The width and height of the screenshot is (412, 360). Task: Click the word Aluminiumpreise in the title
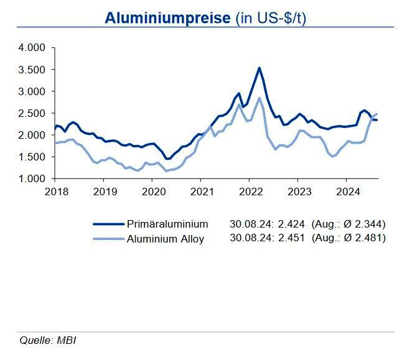tap(167, 17)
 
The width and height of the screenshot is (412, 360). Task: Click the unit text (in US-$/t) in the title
tap(271, 17)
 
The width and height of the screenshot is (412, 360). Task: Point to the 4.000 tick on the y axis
tap(32, 48)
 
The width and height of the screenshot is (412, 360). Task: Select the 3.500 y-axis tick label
tap(32, 70)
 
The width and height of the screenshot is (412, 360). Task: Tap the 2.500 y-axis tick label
tap(32, 113)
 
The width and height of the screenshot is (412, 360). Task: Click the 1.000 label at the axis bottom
tap(32, 179)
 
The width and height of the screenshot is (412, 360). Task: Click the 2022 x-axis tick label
tap(249, 192)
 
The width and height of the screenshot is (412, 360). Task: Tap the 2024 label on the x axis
tap(347, 192)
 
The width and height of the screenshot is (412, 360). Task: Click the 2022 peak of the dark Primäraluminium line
tap(259, 68)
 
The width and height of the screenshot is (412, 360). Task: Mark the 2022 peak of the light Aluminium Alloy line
tap(259, 98)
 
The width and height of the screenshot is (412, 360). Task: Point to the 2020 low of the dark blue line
tap(167, 159)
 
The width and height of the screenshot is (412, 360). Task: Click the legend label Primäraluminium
tap(167, 224)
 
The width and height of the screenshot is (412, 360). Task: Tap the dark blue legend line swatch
tap(108, 224)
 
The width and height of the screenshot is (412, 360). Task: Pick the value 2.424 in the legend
tap(292, 224)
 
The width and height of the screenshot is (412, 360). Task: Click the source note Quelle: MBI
tap(49, 340)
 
